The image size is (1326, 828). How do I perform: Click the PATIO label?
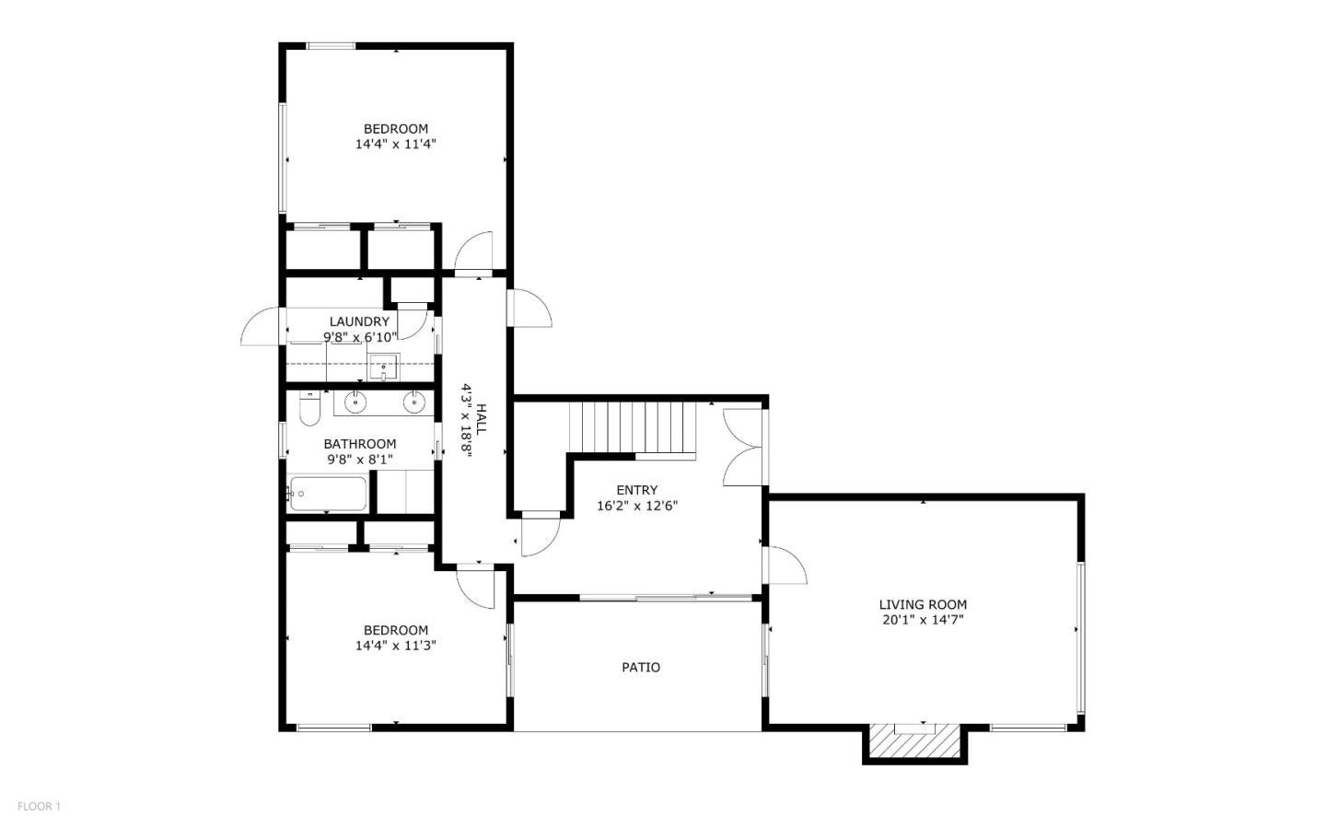click(641, 668)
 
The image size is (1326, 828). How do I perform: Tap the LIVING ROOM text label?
click(923, 605)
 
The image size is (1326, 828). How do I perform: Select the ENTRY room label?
click(637, 490)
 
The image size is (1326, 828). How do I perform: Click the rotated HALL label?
click(482, 419)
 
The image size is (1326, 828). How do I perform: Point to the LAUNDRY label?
click(359, 321)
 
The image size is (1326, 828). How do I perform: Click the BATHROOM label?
click(360, 444)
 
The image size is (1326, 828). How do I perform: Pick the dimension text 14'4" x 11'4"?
click(395, 144)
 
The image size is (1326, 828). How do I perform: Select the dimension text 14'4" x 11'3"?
click(395, 646)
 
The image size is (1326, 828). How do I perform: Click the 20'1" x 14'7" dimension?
click(923, 620)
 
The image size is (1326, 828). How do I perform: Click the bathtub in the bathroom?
click(328, 494)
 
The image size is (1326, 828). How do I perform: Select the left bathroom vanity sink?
click(355, 402)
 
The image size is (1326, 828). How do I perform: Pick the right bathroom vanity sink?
click(414, 402)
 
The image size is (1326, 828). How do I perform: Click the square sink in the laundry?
click(384, 367)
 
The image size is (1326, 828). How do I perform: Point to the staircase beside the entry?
click(633, 427)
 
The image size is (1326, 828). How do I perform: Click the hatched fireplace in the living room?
click(914, 740)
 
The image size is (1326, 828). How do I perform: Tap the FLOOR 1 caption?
click(39, 806)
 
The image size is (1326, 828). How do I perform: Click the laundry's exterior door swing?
click(261, 326)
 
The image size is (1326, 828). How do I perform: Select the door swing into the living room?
click(786, 565)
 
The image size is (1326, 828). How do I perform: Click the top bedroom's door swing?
click(473, 251)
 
